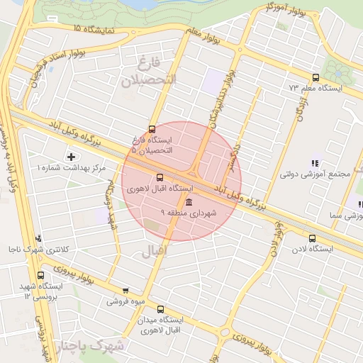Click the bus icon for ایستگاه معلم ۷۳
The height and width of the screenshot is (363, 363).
(315, 78)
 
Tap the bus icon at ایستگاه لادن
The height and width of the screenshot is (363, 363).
(313, 238)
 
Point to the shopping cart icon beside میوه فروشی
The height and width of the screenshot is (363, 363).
(126, 290)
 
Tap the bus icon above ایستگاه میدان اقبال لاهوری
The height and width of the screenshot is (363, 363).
(160, 309)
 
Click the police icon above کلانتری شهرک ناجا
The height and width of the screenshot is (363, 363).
(38, 239)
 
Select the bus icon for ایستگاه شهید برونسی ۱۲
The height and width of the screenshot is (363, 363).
(40, 275)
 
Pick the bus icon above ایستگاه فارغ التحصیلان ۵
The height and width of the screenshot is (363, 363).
(151, 129)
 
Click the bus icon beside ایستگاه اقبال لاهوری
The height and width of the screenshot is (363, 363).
(159, 177)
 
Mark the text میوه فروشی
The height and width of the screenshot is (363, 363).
(125, 301)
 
